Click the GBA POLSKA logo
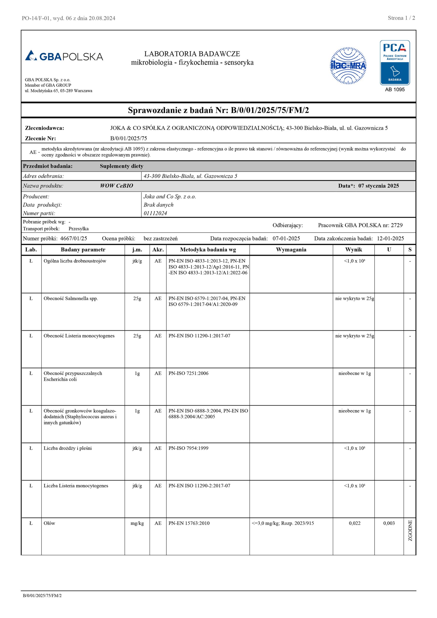(64, 56)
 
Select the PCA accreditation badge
(395, 63)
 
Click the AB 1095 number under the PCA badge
(395, 90)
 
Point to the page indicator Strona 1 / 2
(401, 18)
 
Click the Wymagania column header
(291, 250)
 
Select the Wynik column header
(353, 250)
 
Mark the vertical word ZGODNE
(410, 531)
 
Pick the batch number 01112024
(155, 213)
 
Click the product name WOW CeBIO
(116, 186)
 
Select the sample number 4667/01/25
(73, 238)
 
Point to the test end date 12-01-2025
(390, 238)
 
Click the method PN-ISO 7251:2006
(188, 373)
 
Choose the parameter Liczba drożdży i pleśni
(68, 448)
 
